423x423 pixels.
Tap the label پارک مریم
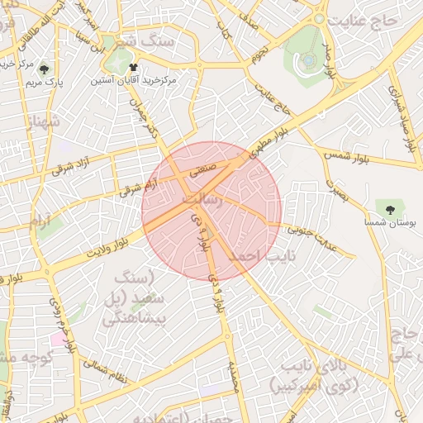point(44,83)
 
